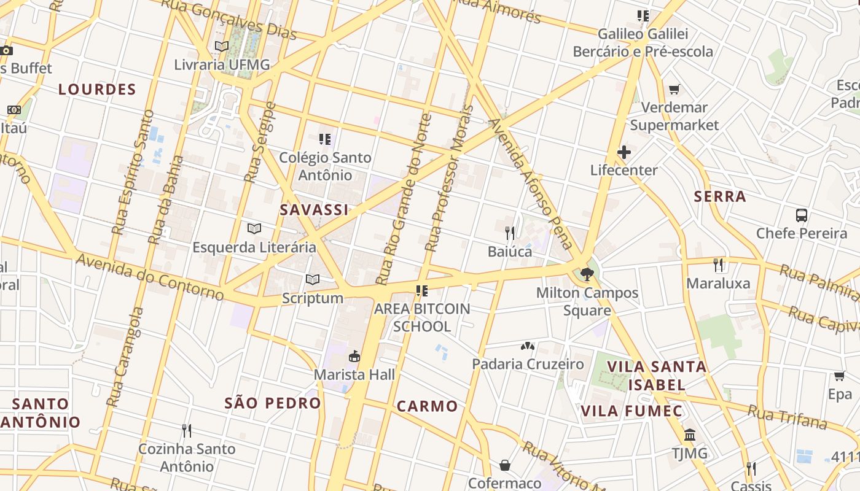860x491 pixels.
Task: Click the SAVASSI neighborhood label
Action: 314,210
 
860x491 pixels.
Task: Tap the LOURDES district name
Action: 97,90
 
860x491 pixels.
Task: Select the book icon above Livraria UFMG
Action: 222,46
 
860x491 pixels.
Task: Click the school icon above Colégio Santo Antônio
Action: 325,139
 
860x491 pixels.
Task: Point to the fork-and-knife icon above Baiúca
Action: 510,233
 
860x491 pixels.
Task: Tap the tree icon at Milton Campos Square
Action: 587,274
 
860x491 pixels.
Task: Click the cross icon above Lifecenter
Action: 624,152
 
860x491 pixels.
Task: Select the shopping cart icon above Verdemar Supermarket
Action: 674,90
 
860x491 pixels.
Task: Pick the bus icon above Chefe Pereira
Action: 802,215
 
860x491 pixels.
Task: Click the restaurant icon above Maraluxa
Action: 717,265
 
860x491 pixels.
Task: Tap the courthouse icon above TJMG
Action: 690,435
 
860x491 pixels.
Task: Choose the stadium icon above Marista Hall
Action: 354,356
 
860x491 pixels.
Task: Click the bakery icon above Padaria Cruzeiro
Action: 528,346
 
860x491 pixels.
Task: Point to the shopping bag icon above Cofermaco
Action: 505,465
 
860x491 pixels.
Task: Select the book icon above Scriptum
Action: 313,280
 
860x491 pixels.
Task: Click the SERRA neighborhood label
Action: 720,197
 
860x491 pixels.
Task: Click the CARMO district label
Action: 427,406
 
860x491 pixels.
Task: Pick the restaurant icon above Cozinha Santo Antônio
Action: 187,431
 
